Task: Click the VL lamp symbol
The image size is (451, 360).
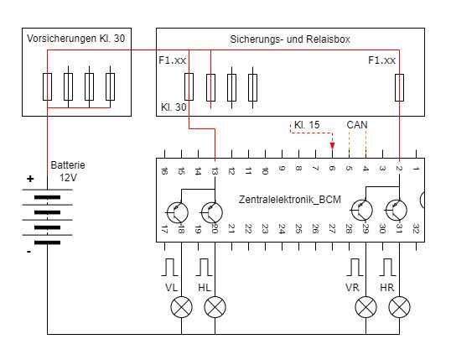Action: pyautogui.click(x=182, y=307)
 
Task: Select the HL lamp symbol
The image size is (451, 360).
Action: pyautogui.click(x=215, y=307)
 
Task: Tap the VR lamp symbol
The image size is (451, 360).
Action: pyautogui.click(x=365, y=307)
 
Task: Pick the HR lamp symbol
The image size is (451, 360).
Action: pyautogui.click(x=399, y=307)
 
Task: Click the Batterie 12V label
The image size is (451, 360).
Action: pyautogui.click(x=68, y=171)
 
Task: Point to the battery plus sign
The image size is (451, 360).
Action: pyautogui.click(x=30, y=179)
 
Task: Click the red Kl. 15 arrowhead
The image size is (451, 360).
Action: pyautogui.click(x=333, y=145)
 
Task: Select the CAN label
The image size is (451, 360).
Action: pyautogui.click(x=357, y=125)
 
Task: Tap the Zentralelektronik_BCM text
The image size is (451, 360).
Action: pyautogui.click(x=290, y=199)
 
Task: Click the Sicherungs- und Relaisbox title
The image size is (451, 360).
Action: pyautogui.click(x=290, y=39)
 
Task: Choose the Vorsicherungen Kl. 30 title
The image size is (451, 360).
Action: pyautogui.click(x=76, y=39)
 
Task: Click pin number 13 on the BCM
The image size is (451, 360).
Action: pyautogui.click(x=215, y=171)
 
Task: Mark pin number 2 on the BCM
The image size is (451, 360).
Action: pyautogui.click(x=399, y=168)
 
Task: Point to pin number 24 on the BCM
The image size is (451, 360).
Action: pyautogui.click(x=282, y=229)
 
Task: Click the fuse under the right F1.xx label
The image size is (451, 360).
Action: pyautogui.click(x=399, y=87)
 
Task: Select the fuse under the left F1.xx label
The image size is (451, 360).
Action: pyautogui.click(x=189, y=86)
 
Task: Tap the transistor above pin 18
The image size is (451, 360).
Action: pyautogui.click(x=177, y=212)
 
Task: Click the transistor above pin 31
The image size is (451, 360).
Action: pyautogui.click(x=396, y=211)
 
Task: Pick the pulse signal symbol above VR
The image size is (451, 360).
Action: pyautogui.click(x=355, y=267)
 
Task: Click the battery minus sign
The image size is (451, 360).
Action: pyautogui.click(x=29, y=252)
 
